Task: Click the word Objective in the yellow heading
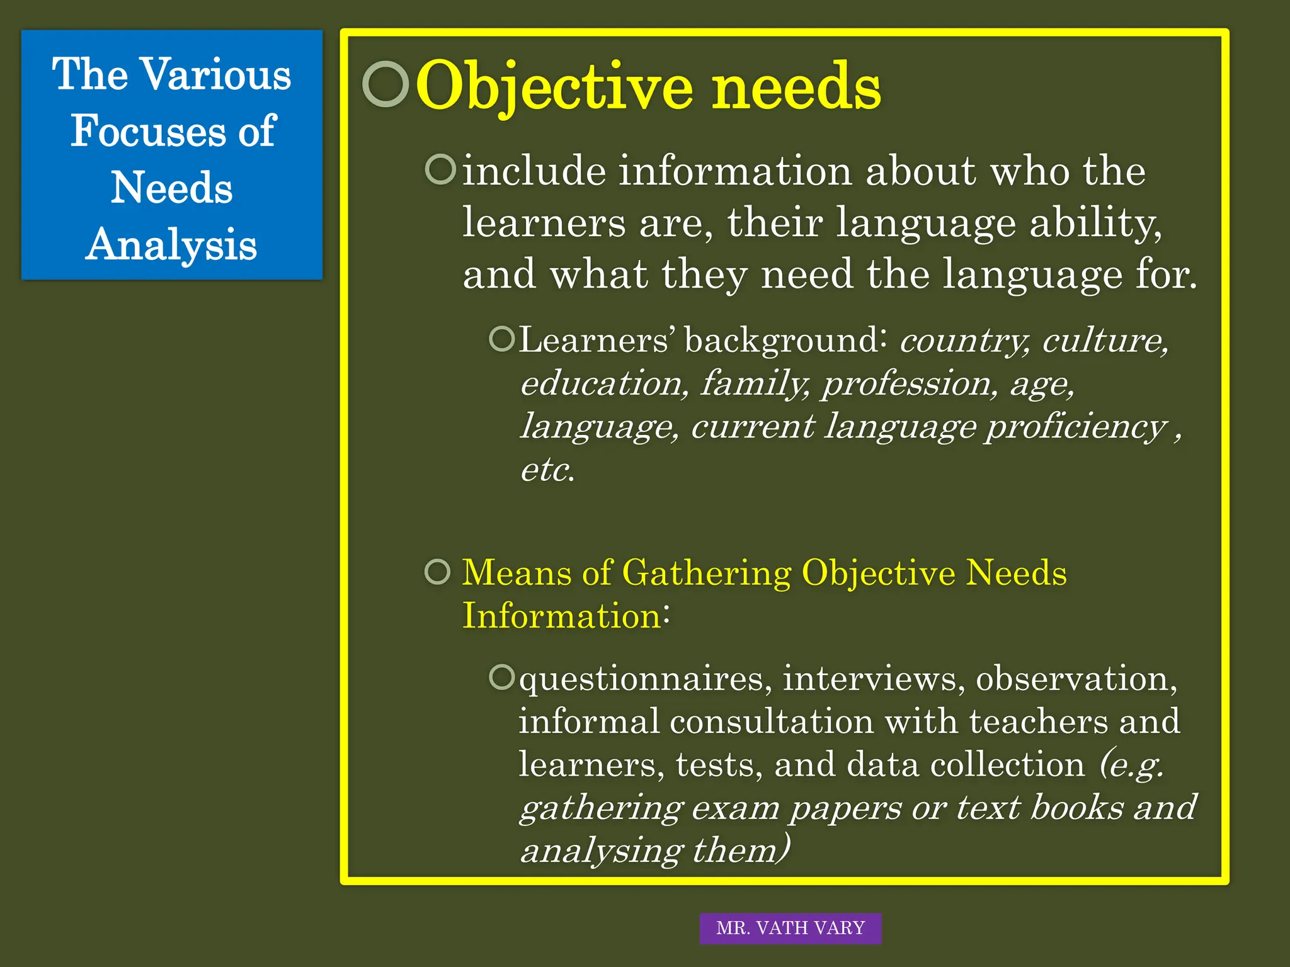tap(554, 87)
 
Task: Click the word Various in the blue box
tap(217, 75)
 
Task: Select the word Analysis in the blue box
tap(171, 245)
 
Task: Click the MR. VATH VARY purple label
tap(790, 928)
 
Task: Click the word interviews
tap(873, 679)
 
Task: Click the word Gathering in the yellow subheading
tap(706, 574)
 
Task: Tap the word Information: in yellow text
tap(566, 616)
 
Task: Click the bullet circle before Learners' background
tap(502, 339)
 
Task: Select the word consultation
tap(772, 721)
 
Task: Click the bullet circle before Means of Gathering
tap(438, 572)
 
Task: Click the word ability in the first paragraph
tap(1095, 223)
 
